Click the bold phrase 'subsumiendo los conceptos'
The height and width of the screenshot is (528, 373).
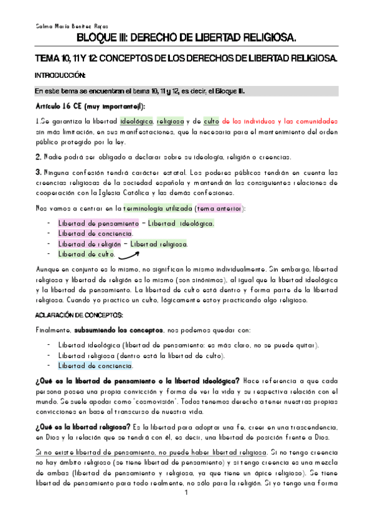(119, 329)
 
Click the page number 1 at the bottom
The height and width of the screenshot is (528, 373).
(186, 511)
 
